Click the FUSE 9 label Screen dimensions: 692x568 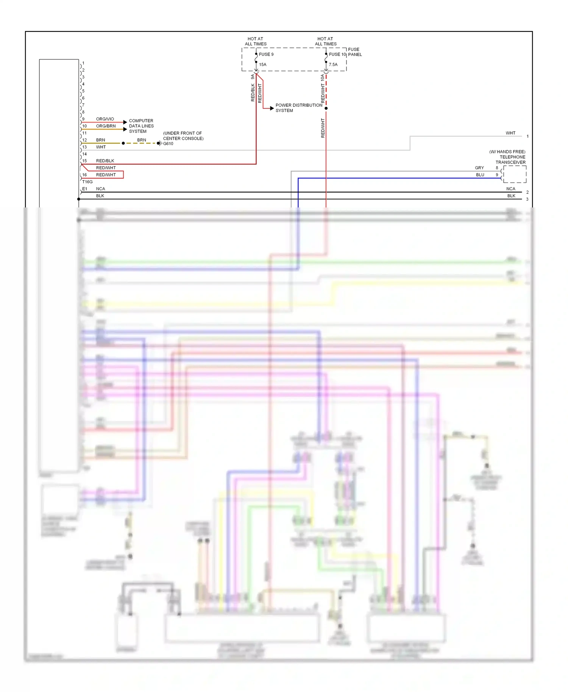pyautogui.click(x=266, y=54)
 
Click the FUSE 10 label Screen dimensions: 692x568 pyautogui.click(x=337, y=54)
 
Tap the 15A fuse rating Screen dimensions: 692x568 pyautogui.click(x=262, y=64)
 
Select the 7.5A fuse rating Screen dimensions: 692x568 pyautogui.click(x=333, y=64)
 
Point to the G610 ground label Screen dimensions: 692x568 pyautogui.click(x=168, y=143)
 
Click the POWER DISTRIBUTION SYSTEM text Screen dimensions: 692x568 pyautogui.click(x=298, y=108)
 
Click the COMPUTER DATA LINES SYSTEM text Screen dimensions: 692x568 pyautogui.click(x=141, y=126)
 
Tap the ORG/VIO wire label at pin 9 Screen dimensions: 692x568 pyautogui.click(x=105, y=119)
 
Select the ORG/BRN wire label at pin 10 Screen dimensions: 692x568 pyautogui.click(x=106, y=126)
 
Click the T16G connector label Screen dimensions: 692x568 pyautogui.click(x=87, y=182)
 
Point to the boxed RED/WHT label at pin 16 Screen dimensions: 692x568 pyautogui.click(x=106, y=175)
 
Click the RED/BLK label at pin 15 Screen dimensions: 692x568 pyautogui.click(x=105, y=161)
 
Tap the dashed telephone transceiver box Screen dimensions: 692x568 pyautogui.click(x=515, y=174)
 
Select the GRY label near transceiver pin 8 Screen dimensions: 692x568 pyautogui.click(x=479, y=168)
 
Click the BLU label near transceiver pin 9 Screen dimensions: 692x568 pyautogui.click(x=480, y=175)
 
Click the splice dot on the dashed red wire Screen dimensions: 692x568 pyautogui.click(x=326, y=108)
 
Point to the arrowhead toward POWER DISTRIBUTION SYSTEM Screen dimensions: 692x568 pyautogui.click(x=272, y=108)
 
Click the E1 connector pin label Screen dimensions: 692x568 pyautogui.click(x=84, y=189)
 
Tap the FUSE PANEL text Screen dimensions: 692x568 pyautogui.click(x=355, y=52)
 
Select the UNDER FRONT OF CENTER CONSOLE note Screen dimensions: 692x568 pyautogui.click(x=183, y=136)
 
